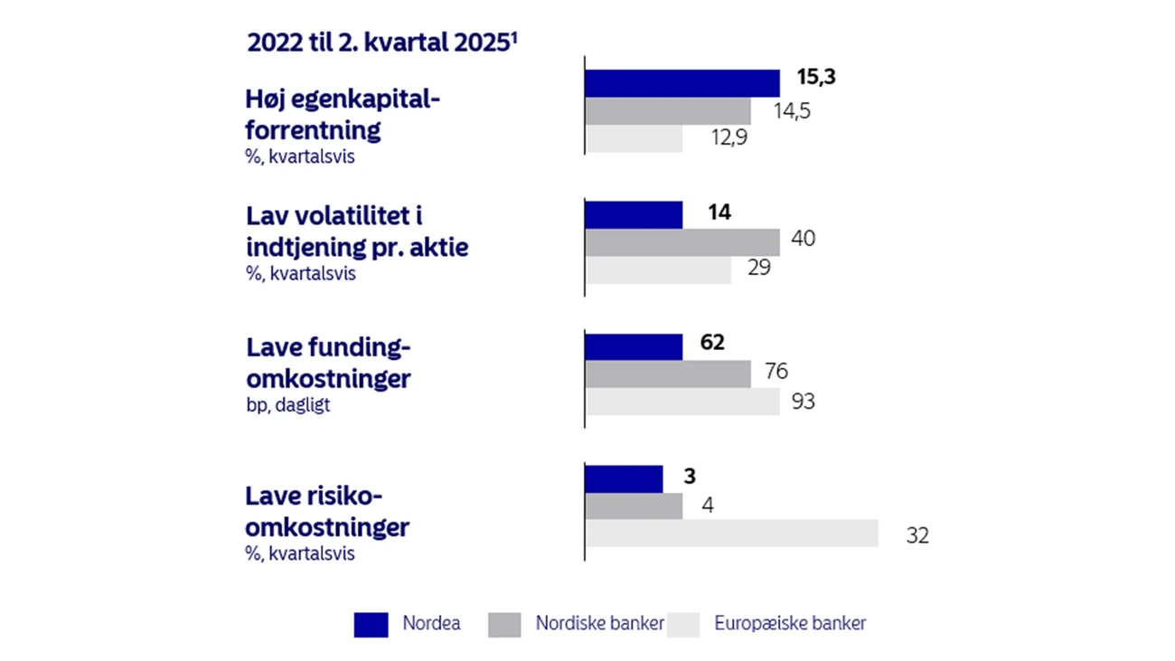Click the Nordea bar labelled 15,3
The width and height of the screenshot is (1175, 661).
coord(681,83)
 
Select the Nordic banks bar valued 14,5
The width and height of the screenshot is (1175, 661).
coord(667,110)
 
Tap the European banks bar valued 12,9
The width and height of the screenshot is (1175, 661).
coord(633,138)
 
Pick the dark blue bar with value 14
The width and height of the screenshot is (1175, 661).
coord(633,215)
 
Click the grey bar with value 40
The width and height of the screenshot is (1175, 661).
coord(681,242)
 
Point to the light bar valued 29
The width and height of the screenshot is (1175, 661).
coord(657,269)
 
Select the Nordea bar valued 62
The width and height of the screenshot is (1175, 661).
coord(633,347)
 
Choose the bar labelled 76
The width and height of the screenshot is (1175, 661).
coord(667,373)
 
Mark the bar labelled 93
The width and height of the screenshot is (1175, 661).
coord(681,401)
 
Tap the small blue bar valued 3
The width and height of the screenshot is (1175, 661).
coord(623,479)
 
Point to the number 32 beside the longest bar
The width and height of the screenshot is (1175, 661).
coord(916,536)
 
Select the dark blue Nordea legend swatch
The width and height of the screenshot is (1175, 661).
coord(371,625)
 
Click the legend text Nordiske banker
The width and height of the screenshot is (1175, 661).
coord(599,623)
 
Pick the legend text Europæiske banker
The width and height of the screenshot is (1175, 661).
coord(790,623)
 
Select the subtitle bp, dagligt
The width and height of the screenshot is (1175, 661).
coord(287,405)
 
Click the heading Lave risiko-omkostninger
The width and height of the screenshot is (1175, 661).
coord(327,511)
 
